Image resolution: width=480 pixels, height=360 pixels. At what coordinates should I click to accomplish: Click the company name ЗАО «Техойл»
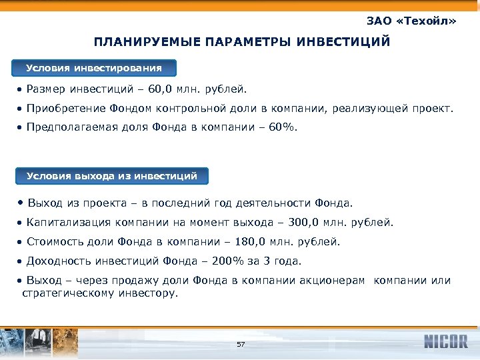411,21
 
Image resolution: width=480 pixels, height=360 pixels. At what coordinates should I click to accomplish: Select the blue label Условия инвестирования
94,68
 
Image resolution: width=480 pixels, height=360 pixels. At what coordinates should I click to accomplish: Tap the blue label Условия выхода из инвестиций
112,176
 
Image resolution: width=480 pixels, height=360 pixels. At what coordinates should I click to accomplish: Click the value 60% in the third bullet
279,125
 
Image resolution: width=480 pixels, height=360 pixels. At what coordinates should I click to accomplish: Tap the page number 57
241,344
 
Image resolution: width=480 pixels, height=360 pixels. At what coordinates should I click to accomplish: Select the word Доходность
58,261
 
